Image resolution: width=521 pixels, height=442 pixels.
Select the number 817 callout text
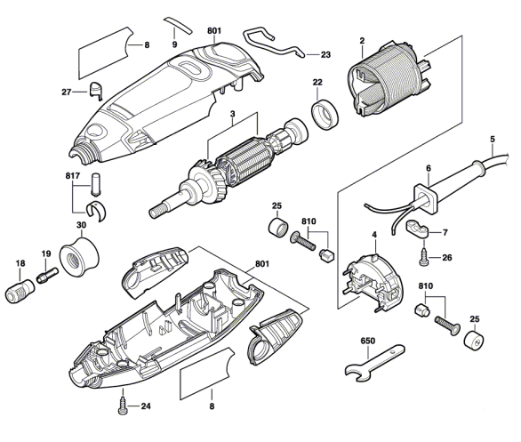pos(72,176)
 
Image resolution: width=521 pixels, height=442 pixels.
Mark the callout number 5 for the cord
pos(491,140)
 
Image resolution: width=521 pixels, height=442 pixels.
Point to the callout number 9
pos(174,44)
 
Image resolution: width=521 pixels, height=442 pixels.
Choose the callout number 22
pos(317,83)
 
